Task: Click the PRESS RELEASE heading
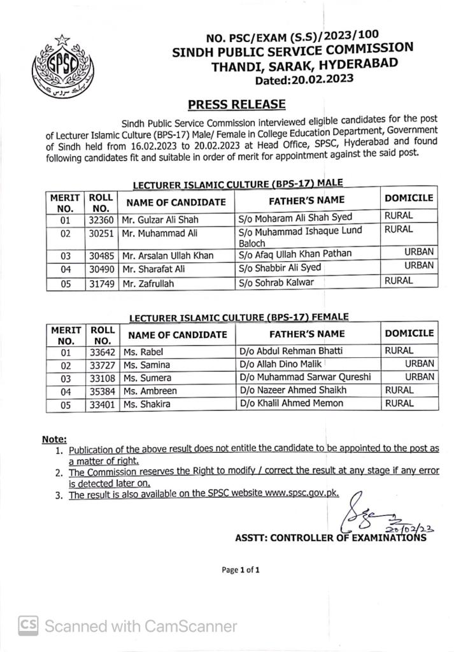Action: [x=237, y=104]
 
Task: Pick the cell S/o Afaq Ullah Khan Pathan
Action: [x=295, y=255]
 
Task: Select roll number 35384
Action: [x=101, y=391]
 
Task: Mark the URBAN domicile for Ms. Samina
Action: [x=420, y=364]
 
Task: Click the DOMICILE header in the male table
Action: [x=409, y=198]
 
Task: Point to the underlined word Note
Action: [x=54, y=439]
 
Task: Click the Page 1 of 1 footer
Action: [x=240, y=570]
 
